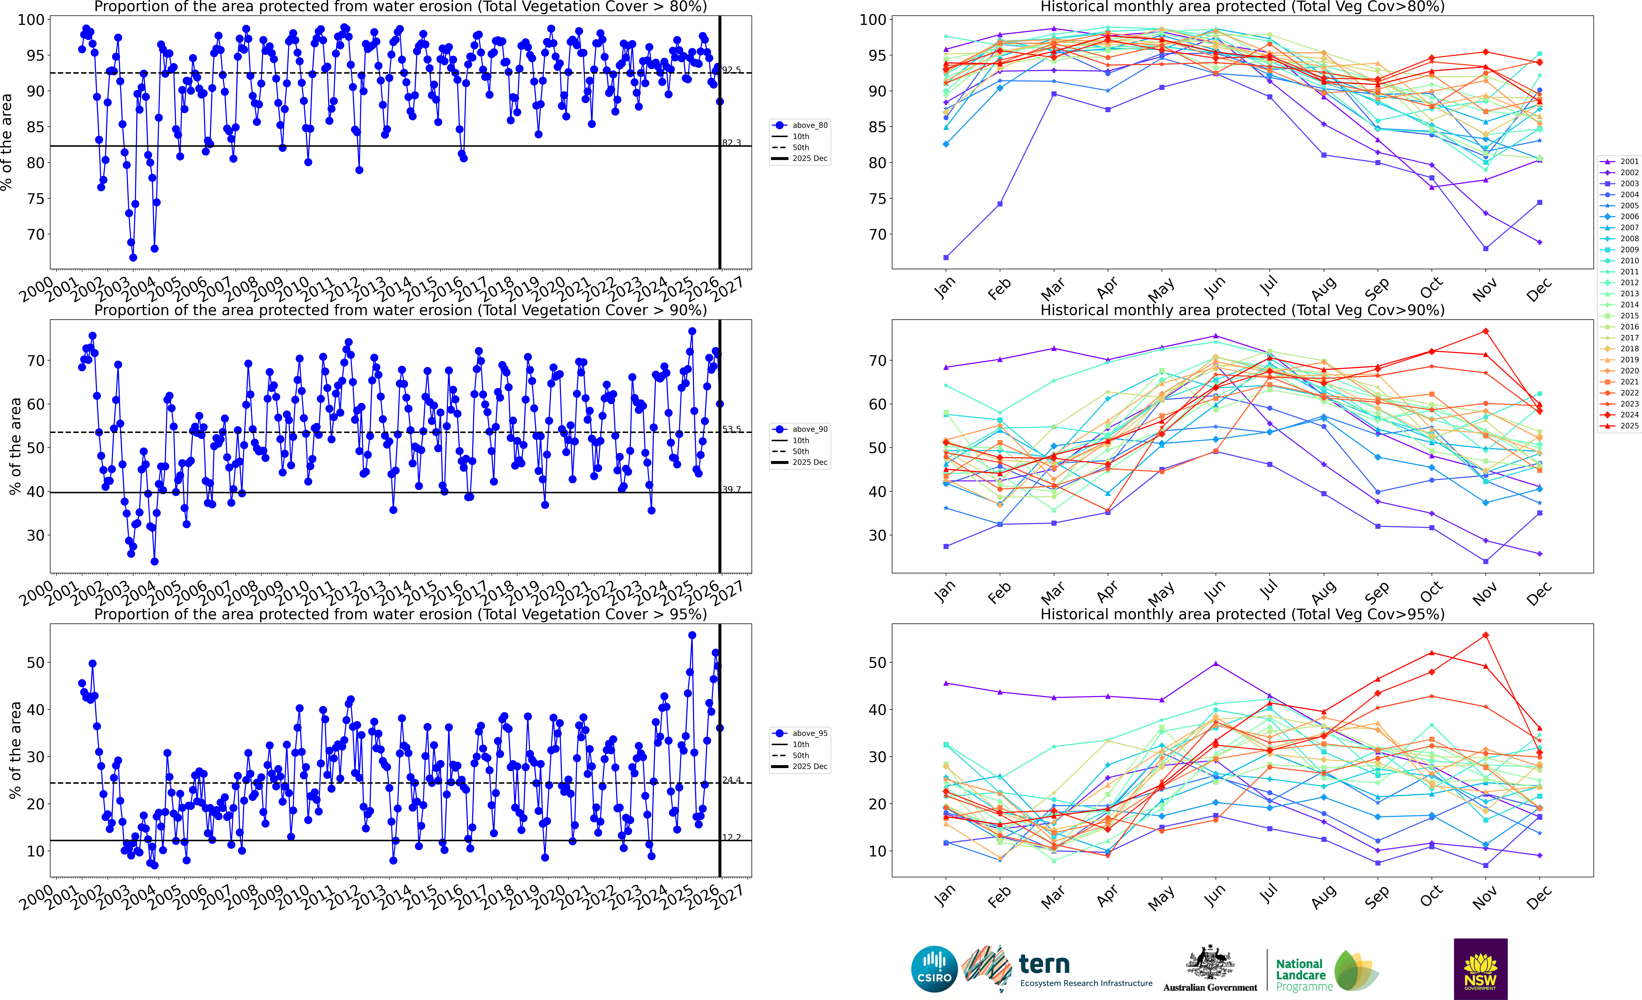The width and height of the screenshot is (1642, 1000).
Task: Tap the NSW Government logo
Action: coord(1480,969)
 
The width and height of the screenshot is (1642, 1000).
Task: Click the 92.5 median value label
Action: coord(731,70)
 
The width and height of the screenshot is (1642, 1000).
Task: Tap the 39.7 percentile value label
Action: coord(731,489)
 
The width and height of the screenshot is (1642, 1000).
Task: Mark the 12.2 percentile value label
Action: coord(731,837)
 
